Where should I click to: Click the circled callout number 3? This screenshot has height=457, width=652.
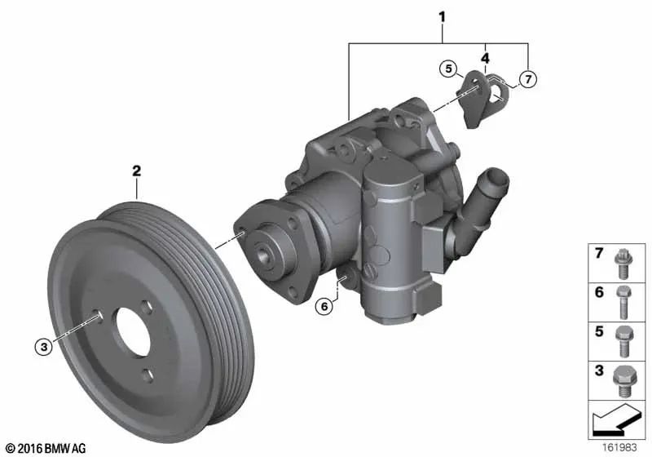[44, 346]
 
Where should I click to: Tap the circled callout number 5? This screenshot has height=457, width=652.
[448, 69]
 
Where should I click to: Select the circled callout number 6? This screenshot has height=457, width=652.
[324, 307]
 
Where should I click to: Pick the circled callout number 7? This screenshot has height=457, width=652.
[528, 78]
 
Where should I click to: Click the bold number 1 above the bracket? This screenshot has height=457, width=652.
[442, 17]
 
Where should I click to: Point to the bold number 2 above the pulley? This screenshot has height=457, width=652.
[136, 171]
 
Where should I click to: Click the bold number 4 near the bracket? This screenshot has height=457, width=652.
[485, 58]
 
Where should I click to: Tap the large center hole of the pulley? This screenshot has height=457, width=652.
[133, 331]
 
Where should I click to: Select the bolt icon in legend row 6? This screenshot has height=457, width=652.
[623, 302]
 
